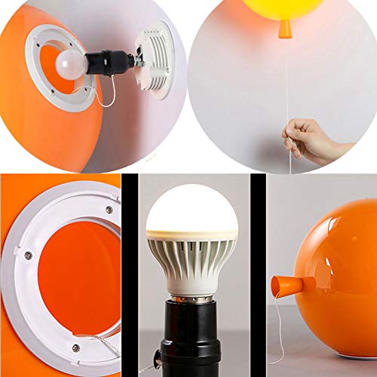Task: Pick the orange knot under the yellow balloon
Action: coord(285,29)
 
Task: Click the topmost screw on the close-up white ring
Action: coord(109,210)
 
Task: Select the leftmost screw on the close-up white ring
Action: coord(29,254)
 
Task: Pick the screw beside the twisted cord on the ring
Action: coord(75,348)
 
